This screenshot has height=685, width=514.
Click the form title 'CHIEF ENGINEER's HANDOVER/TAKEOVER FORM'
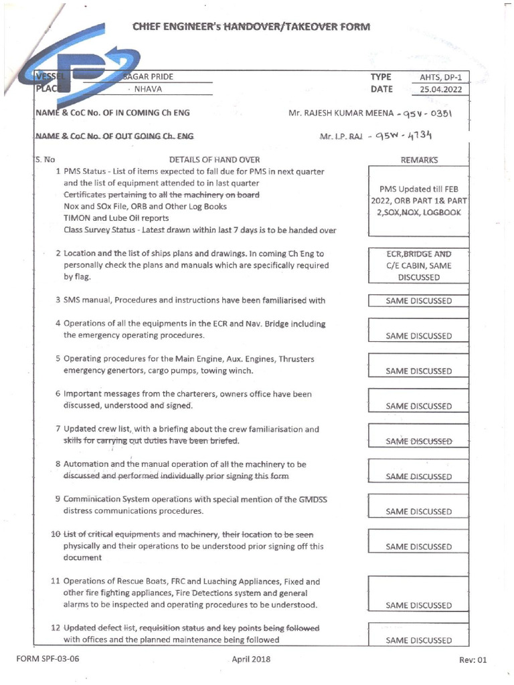click(250, 27)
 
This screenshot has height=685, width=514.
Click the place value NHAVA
click(148, 89)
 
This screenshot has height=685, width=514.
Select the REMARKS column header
click(419, 161)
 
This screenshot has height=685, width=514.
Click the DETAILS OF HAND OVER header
click(214, 161)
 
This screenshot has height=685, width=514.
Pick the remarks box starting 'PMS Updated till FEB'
click(419, 201)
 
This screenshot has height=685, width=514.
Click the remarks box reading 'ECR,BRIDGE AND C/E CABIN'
click(419, 266)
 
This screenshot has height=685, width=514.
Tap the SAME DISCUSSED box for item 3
click(419, 301)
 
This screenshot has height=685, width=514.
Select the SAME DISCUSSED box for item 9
click(419, 512)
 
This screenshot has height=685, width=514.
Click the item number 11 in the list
click(56, 581)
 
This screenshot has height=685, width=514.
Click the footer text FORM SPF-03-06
click(48, 659)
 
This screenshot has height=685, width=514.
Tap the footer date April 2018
click(251, 659)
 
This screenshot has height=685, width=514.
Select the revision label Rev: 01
click(473, 660)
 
